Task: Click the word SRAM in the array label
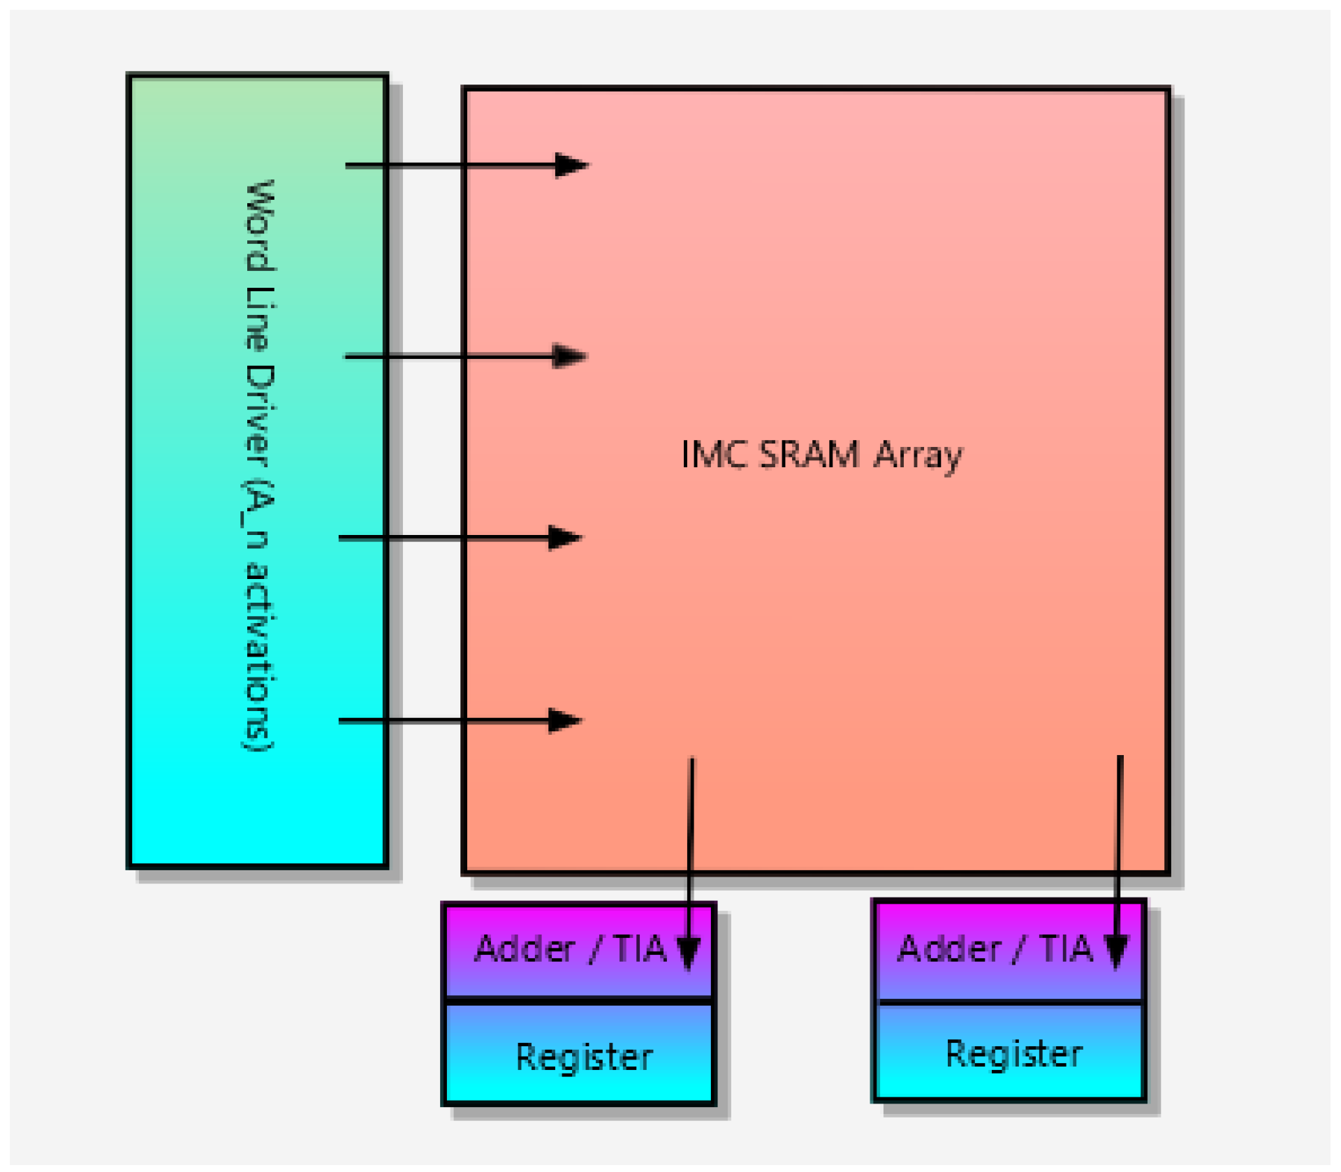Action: click(x=809, y=455)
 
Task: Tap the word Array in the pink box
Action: click(x=918, y=457)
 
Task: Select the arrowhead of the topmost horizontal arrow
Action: click(x=571, y=166)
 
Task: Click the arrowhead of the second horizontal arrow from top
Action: click(x=569, y=356)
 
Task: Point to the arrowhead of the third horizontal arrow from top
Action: click(x=564, y=538)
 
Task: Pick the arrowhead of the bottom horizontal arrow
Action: click(x=564, y=720)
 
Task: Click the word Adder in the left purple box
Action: click(x=525, y=949)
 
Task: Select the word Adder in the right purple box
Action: click(x=949, y=949)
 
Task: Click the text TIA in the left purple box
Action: click(x=640, y=949)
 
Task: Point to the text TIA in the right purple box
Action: click(x=1066, y=949)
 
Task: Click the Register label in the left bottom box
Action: click(x=584, y=1057)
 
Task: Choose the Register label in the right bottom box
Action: click(x=1013, y=1054)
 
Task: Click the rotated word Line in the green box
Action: click(x=260, y=318)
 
